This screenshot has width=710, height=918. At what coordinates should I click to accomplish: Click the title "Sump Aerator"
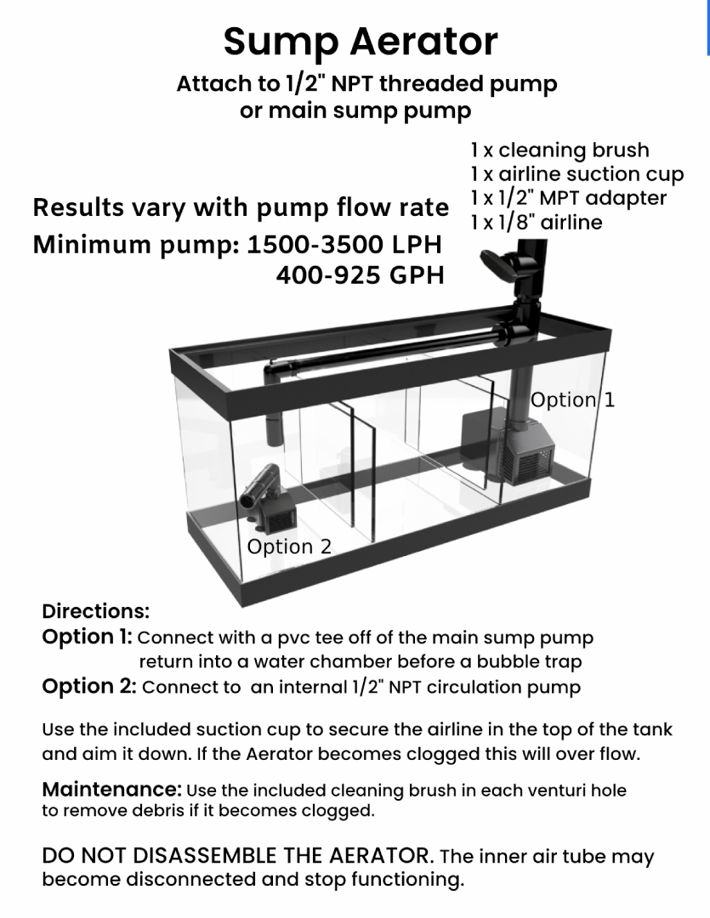[x=361, y=42]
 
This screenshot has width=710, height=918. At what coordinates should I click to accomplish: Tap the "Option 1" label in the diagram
[x=571, y=400]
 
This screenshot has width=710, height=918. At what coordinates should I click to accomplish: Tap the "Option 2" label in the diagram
[x=289, y=547]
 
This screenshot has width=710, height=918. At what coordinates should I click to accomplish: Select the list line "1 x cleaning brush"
[x=559, y=150]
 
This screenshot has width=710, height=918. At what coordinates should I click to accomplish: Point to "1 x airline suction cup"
[x=577, y=175]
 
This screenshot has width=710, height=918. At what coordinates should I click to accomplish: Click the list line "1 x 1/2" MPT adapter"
[x=568, y=198]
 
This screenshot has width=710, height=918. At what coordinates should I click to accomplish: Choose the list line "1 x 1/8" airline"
[x=536, y=222]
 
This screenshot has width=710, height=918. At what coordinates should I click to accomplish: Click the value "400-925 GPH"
[x=360, y=275]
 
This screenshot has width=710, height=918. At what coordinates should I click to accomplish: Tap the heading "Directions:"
[x=95, y=611]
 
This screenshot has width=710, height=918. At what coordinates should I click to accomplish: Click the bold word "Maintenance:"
[x=112, y=790]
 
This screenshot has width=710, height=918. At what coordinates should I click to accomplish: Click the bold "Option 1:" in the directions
[x=87, y=637]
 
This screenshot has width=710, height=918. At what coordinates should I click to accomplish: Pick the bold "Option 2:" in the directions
[x=88, y=687]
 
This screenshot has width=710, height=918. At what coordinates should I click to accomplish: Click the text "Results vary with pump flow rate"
[x=241, y=207]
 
